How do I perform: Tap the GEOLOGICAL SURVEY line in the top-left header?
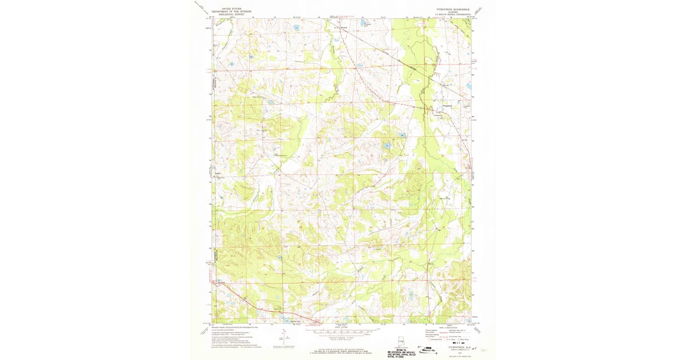[232, 15]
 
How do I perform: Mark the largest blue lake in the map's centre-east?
[387, 146]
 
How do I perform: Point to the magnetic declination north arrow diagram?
[284, 335]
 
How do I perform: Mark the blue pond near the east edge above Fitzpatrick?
[468, 86]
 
